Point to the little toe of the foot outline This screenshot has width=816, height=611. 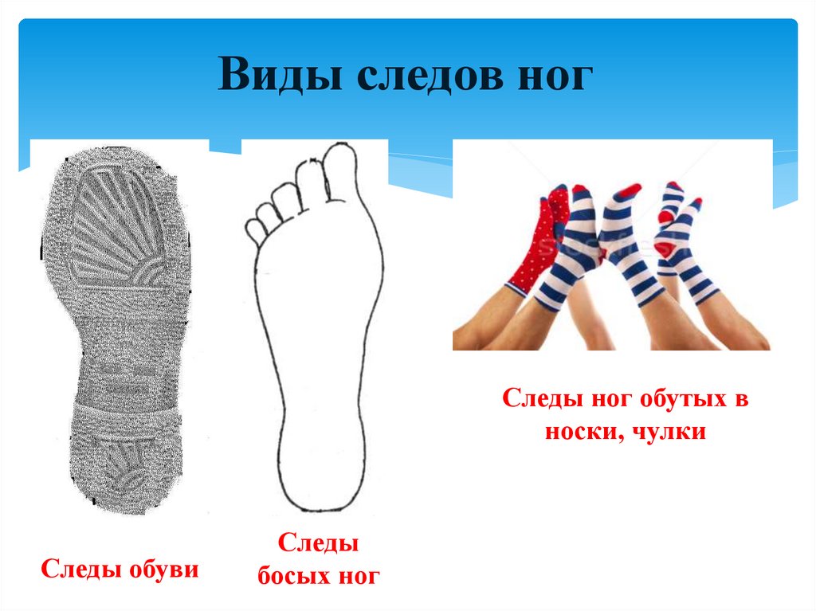pos(256,229)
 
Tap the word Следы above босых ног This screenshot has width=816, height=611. pos(318,545)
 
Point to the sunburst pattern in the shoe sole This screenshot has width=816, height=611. pos(112,231)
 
